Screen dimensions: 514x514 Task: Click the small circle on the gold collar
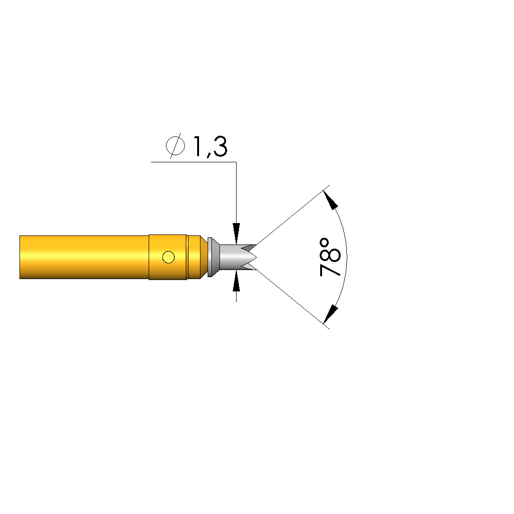point(169,257)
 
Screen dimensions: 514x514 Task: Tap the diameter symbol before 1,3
point(175,146)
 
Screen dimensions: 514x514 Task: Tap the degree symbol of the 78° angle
point(325,243)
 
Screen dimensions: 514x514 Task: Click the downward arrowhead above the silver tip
point(237,234)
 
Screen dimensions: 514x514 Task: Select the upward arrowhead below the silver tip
point(237,281)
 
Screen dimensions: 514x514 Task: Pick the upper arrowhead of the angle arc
point(330,200)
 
